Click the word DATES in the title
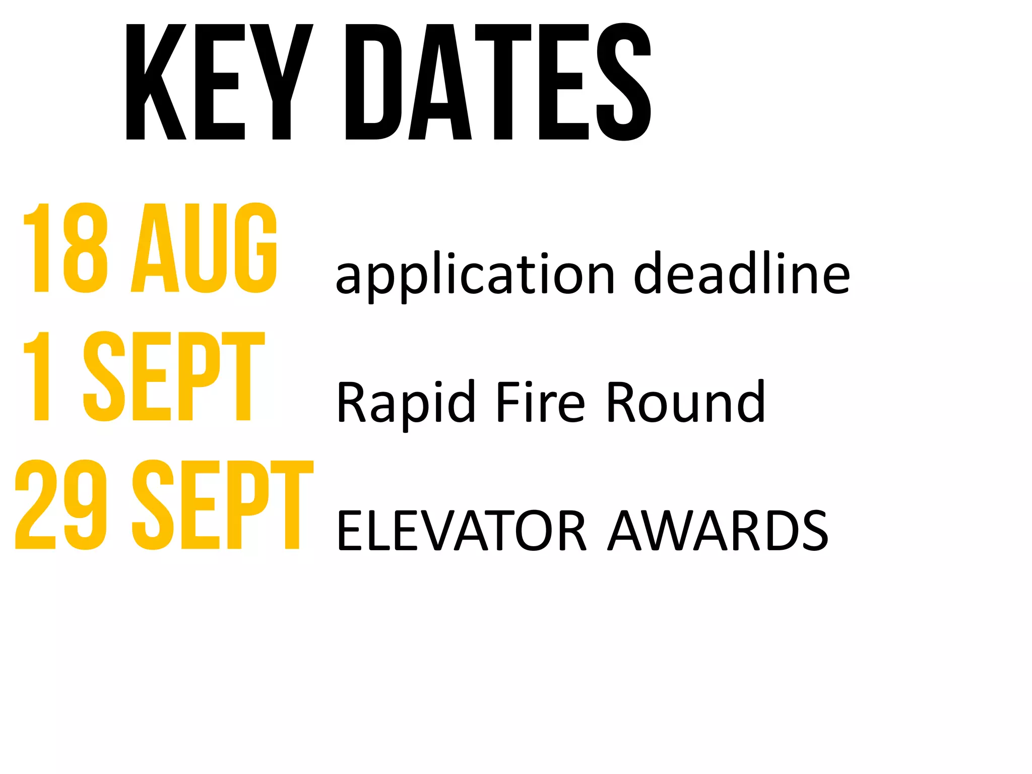click(x=498, y=82)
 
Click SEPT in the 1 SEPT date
click(x=174, y=376)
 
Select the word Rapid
click(x=406, y=403)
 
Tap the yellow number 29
click(x=61, y=504)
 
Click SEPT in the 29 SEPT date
click(x=222, y=504)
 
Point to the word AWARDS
click(x=718, y=531)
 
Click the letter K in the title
click(x=156, y=82)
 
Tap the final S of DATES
click(x=624, y=82)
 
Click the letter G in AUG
click(x=256, y=248)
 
